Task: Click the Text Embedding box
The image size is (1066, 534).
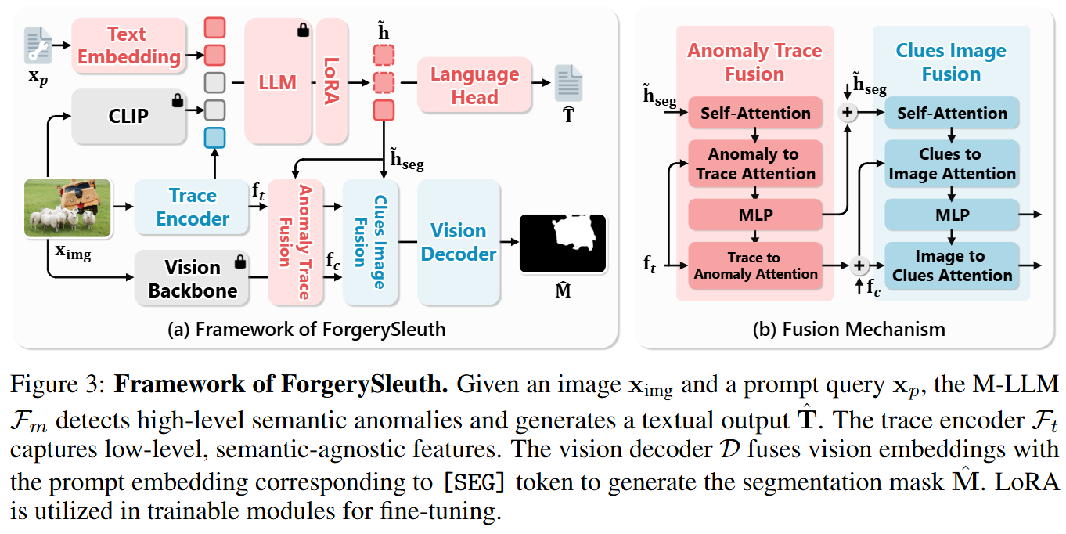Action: pyautogui.click(x=128, y=45)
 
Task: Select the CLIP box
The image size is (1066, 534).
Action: pyautogui.click(x=128, y=117)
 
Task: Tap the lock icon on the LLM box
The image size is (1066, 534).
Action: pyautogui.click(x=302, y=31)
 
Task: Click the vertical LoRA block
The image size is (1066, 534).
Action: pyautogui.click(x=332, y=81)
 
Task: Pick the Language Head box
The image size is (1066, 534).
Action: pyautogui.click(x=474, y=85)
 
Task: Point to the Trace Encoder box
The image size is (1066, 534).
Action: pyautogui.click(x=193, y=207)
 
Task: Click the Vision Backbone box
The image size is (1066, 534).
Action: pyautogui.click(x=193, y=279)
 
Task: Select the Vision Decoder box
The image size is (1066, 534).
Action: pyautogui.click(x=459, y=242)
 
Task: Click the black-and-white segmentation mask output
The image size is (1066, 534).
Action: pyautogui.click(x=562, y=244)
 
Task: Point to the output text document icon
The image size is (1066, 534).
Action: pyautogui.click(x=568, y=83)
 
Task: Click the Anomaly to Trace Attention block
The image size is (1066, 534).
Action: pyautogui.click(x=755, y=164)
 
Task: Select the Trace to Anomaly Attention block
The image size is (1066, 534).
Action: pyautogui.click(x=755, y=265)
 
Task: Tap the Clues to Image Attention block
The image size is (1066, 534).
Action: pyautogui.click(x=952, y=164)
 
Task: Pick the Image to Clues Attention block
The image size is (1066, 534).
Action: pyautogui.click(x=952, y=265)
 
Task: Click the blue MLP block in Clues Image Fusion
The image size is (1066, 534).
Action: pyautogui.click(x=952, y=215)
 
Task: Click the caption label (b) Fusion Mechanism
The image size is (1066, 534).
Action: pyautogui.click(x=848, y=329)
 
